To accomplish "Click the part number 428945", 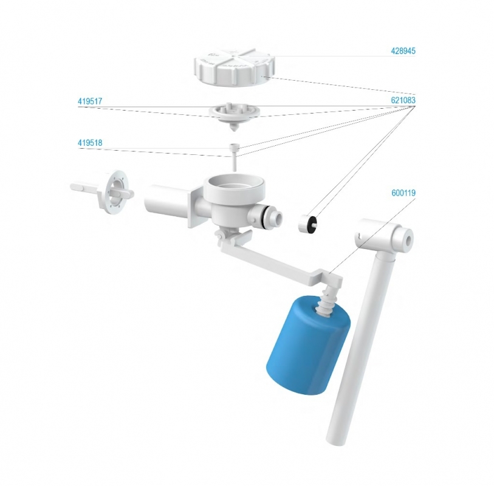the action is tap(403, 51).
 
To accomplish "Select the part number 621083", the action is tap(403, 100).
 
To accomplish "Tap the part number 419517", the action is tap(90, 101).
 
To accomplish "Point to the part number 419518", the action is tap(90, 143).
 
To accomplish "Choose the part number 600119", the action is tap(403, 193).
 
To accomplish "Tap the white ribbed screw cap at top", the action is tap(234, 67).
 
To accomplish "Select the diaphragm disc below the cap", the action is tap(234, 115).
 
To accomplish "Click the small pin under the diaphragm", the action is tap(234, 157).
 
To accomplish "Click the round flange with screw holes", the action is tap(113, 192).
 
